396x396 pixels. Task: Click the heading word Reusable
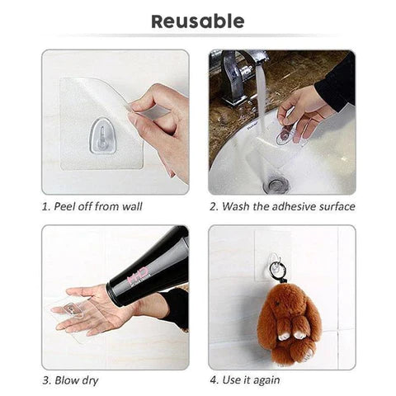197,21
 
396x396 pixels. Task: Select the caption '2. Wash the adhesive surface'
282,206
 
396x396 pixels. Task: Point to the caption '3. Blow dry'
72,380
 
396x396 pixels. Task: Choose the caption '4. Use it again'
244,380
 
